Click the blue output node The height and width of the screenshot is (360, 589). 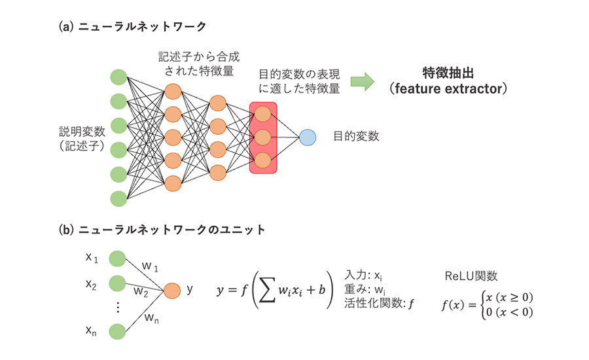click(x=308, y=137)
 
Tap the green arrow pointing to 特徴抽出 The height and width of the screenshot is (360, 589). click(x=362, y=82)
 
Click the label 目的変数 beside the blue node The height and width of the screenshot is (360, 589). click(x=356, y=136)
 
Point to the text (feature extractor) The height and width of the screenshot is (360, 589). click(x=448, y=88)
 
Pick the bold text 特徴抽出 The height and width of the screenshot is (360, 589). click(x=448, y=73)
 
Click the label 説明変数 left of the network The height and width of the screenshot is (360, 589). click(x=82, y=132)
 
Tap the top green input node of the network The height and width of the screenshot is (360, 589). click(x=118, y=77)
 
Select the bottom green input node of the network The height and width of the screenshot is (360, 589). click(x=118, y=198)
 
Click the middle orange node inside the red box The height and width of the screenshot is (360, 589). click(x=263, y=137)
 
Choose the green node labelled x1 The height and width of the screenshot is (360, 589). click(x=117, y=259)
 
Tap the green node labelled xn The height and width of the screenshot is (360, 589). click(x=117, y=331)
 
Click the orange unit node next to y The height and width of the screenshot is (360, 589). click(x=172, y=291)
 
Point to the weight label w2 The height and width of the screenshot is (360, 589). click(x=141, y=292)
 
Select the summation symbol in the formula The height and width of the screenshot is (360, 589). click(x=267, y=289)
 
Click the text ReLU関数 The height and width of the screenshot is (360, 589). click(x=471, y=276)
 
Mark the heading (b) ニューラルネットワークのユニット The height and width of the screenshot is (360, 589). click(x=162, y=230)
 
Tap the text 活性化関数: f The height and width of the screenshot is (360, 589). click(x=379, y=303)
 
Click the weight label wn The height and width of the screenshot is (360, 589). click(x=152, y=319)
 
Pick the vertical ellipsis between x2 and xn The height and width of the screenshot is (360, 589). click(x=118, y=307)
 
